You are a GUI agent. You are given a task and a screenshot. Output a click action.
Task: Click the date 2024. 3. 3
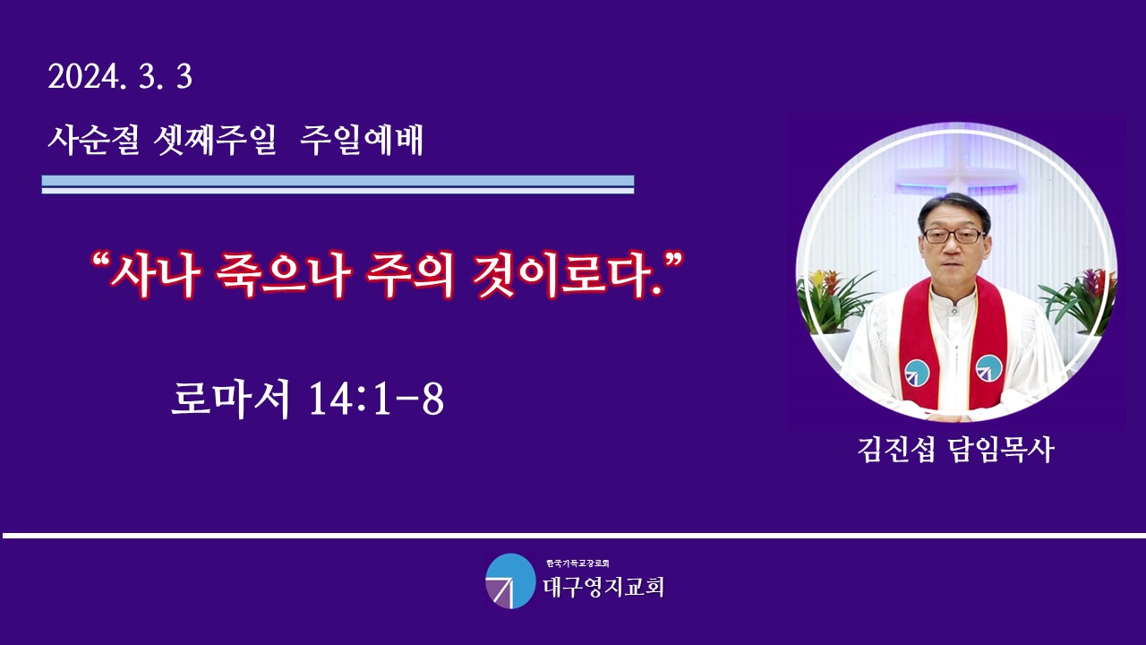[x=120, y=78]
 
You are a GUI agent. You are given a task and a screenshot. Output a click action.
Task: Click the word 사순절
[x=94, y=140]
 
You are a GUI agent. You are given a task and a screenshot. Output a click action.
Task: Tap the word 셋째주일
[x=215, y=140]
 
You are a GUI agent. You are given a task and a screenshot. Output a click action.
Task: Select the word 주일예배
[x=361, y=140]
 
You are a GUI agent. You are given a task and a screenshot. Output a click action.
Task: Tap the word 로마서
[x=231, y=399]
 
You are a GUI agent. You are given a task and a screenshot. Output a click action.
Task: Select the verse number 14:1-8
[x=377, y=400]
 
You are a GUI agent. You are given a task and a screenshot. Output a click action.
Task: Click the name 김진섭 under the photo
[x=896, y=450]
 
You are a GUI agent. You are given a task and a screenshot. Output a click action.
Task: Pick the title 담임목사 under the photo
[x=1002, y=450]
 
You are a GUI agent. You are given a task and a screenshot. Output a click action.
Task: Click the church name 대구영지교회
[x=603, y=587]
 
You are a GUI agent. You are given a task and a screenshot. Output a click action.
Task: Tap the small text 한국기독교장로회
[x=577, y=563]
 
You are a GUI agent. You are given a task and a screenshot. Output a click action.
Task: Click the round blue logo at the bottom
[x=510, y=581]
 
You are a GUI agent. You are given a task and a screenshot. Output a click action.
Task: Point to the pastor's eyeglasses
[x=953, y=236]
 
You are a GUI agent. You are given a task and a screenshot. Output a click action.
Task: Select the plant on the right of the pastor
[x=1077, y=301]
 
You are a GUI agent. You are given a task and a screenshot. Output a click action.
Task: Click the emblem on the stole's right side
[x=989, y=368]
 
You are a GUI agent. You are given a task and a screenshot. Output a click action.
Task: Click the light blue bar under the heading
[x=338, y=181]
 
